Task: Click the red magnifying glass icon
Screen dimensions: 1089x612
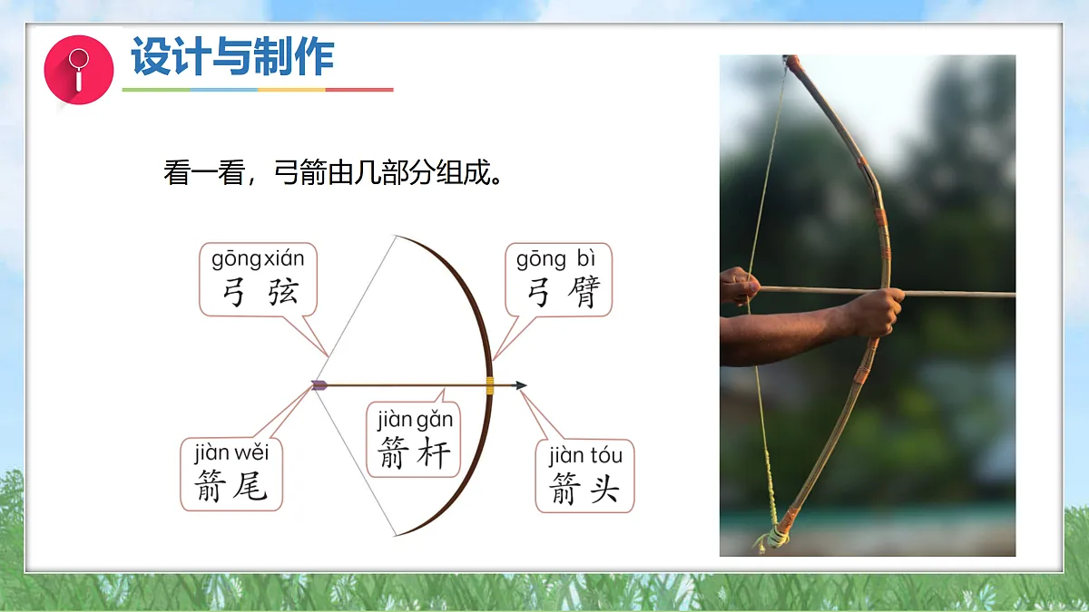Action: (79, 70)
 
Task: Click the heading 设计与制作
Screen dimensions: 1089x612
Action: (233, 56)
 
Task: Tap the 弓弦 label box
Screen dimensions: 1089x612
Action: (258, 280)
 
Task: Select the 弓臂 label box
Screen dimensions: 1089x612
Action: (559, 280)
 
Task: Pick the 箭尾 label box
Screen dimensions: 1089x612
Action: (231, 474)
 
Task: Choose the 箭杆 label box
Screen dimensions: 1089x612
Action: (413, 440)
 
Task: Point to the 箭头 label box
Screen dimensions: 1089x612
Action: (584, 476)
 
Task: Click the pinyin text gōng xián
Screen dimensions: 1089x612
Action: (258, 259)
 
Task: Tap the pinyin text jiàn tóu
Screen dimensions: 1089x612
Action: (585, 456)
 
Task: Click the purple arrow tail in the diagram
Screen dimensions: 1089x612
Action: (319, 385)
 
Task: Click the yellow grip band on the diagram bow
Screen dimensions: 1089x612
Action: (490, 385)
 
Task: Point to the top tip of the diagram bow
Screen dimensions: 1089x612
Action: (397, 237)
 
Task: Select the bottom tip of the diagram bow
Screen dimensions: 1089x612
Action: (397, 535)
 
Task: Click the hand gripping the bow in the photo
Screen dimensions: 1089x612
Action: (878, 312)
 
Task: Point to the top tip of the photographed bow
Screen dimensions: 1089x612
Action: (791, 59)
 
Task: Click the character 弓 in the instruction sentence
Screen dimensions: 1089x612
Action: (286, 172)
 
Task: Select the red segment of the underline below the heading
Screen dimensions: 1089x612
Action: (359, 90)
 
